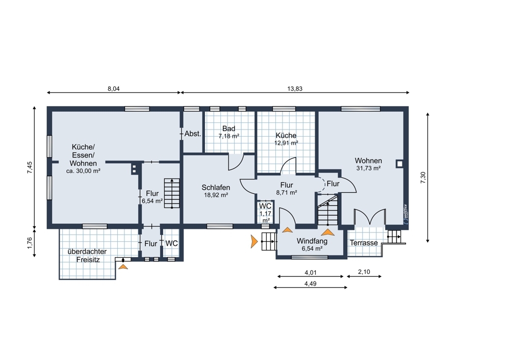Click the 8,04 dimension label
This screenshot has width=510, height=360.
tap(114, 88)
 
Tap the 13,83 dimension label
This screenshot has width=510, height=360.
tap(295, 88)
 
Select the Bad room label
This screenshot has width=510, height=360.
tap(228, 129)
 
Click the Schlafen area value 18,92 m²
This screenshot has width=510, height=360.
tap(216, 195)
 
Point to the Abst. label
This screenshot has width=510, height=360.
tap(193, 134)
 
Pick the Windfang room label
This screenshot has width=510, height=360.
tap(312, 241)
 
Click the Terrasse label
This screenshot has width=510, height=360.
tap(364, 243)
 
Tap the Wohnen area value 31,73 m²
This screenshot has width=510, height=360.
tap(369, 168)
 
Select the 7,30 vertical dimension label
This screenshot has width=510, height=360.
tap(423, 177)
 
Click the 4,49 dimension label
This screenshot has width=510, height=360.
tap(310, 284)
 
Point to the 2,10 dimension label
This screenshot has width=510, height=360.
tap(364, 272)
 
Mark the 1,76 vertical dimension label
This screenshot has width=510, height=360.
tap(30, 243)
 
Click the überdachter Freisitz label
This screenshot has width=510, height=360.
tap(88, 255)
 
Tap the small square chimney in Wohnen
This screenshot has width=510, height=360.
tap(399, 164)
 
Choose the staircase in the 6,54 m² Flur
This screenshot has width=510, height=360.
tap(172, 193)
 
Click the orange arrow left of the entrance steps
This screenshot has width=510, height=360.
tap(254, 241)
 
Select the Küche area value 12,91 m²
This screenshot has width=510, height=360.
tap(286, 143)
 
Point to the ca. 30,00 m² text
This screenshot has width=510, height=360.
tap(83, 171)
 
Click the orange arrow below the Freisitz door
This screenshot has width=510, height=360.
tap(123, 267)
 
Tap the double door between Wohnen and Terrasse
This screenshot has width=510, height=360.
tap(370, 217)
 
